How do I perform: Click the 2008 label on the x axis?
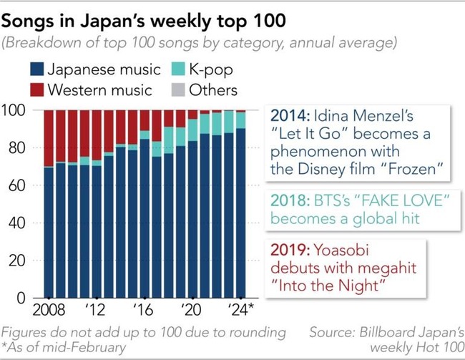pyautogui.click(x=47, y=312)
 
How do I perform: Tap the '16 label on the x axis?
pyautogui.click(x=144, y=312)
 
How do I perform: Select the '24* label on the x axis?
pyautogui.click(x=243, y=312)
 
